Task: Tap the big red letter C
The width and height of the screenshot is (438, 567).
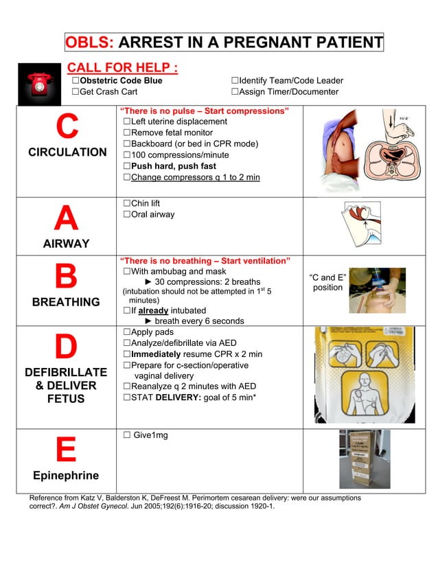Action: (67, 127)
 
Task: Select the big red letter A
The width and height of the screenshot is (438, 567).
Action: (66, 219)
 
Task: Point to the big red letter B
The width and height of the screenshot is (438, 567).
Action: (67, 277)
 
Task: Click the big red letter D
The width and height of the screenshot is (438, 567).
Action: (66, 347)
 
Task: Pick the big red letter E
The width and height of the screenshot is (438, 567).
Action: (66, 451)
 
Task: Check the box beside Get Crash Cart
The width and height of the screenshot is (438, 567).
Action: (77, 91)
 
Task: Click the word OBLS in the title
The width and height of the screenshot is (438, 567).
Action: (89, 43)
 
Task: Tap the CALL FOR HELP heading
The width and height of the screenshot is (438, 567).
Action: (122, 68)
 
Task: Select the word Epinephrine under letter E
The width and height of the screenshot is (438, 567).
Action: (66, 476)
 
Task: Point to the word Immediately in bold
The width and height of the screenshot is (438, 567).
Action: (156, 354)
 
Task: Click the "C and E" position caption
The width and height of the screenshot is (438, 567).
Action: (327, 282)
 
